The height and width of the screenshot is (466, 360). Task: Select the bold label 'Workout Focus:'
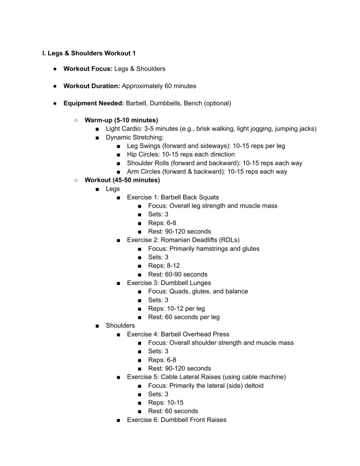coord(88,69)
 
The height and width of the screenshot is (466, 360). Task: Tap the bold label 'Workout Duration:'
coord(92,86)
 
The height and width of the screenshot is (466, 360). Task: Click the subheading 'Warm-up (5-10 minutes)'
coord(121,120)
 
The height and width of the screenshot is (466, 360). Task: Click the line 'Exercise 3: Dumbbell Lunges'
coord(169,283)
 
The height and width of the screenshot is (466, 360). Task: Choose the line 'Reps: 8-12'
coord(164,265)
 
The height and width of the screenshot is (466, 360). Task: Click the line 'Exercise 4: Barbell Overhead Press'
coord(178,334)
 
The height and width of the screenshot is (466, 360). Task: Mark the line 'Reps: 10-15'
coord(165,403)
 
